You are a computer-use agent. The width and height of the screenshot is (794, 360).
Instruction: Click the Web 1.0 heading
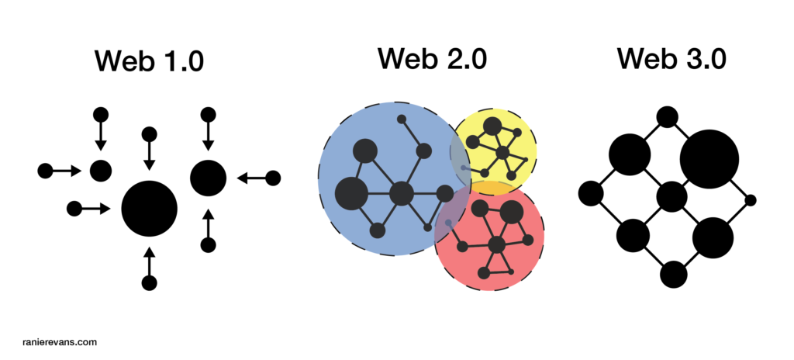tap(149, 60)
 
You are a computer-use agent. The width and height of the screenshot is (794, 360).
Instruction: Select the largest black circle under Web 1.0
tap(150, 208)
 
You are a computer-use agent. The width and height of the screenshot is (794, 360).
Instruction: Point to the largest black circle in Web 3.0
tap(709, 159)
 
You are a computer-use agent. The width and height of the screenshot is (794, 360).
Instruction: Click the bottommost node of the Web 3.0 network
tap(673, 274)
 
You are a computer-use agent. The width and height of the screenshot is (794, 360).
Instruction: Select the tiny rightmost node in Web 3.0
tap(750, 200)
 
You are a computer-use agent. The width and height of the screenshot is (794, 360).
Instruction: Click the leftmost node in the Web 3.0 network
tap(591, 193)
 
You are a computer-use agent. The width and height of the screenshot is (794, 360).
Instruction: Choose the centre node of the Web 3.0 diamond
tap(671, 196)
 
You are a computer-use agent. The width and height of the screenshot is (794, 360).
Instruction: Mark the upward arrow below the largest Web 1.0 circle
tap(150, 260)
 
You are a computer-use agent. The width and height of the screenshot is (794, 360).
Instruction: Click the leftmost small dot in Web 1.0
tap(45, 170)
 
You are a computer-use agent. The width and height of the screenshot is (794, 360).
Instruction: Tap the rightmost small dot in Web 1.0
tap(273, 178)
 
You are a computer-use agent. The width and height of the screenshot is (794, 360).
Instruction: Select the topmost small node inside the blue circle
tap(401, 119)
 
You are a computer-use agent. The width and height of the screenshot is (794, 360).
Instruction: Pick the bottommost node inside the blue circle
tap(378, 230)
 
